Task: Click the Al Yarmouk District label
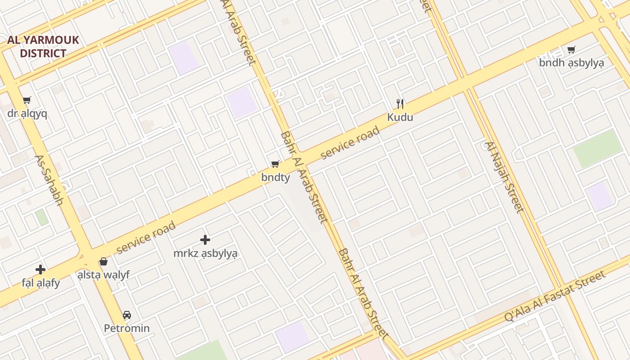43,46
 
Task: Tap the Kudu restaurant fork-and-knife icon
400,104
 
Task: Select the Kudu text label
400,118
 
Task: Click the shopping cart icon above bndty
275,164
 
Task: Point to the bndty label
275,178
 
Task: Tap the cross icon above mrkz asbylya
205,240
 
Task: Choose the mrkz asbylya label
205,253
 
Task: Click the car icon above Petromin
127,315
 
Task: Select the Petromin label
127,328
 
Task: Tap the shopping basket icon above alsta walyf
103,261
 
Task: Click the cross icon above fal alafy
40,270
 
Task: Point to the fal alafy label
40,283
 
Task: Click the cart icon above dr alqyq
27,100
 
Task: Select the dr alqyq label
27,113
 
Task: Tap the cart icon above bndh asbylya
571,49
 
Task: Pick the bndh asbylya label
571,63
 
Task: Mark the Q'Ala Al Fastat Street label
555,296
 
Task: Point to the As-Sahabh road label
49,180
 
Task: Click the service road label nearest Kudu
350,143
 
